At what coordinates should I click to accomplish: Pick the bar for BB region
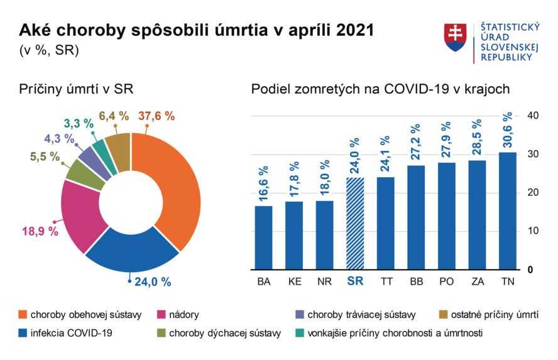click(x=416, y=217)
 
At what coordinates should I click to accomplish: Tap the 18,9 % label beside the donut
click(x=40, y=231)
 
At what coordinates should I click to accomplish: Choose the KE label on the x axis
click(x=294, y=282)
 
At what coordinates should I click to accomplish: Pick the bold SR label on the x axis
click(x=356, y=282)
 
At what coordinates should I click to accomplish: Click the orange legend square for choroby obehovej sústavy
click(x=23, y=314)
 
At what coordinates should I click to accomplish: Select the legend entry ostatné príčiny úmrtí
click(x=493, y=314)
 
